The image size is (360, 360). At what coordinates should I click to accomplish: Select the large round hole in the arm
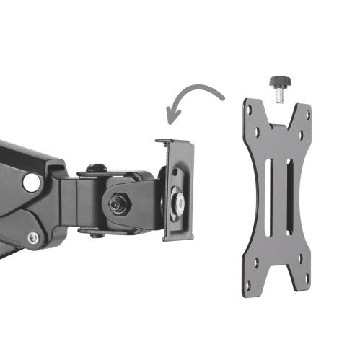pyautogui.click(x=31, y=182)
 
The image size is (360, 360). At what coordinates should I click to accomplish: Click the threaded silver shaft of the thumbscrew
pyautogui.click(x=278, y=93)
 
